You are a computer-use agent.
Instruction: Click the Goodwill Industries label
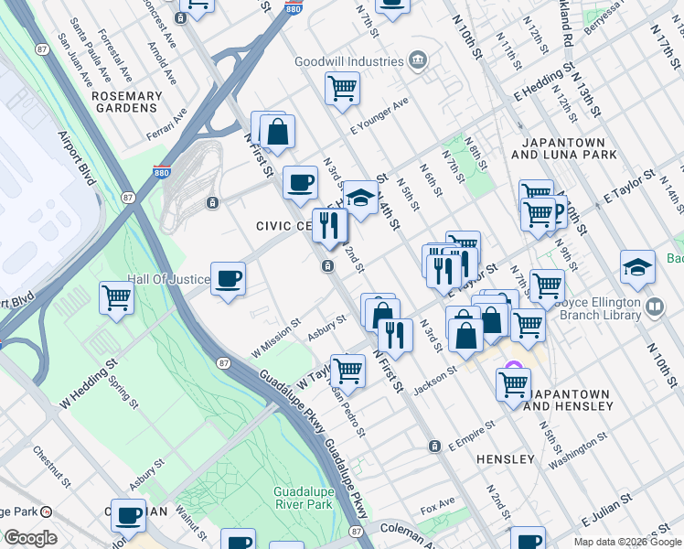coord(348,61)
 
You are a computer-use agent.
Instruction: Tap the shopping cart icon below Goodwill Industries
coord(342,89)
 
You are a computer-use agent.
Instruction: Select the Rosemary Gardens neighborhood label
coord(126,102)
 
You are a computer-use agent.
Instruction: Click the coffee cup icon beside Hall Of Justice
coord(228,277)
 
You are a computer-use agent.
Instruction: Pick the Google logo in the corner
coord(29,537)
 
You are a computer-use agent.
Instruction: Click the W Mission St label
coord(277,339)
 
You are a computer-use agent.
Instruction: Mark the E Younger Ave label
coord(378,114)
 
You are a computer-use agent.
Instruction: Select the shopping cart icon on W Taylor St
coord(347,370)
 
